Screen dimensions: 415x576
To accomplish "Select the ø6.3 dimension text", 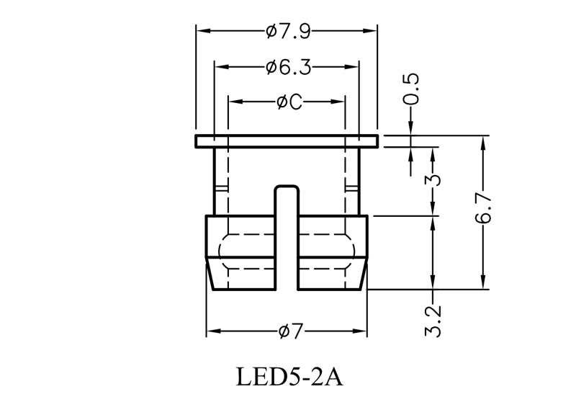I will pyautogui.click(x=287, y=67).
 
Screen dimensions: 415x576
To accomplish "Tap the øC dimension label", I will pyautogui.click(x=287, y=102).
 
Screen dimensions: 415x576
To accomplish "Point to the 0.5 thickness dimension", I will pyautogui.click(x=411, y=88).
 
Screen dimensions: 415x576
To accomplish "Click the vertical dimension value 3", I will pyautogui.click(x=433, y=179).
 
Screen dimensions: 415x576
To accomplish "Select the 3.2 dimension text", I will pyautogui.click(x=433, y=321).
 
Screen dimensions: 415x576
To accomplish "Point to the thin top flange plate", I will pyautogui.click(x=286, y=140).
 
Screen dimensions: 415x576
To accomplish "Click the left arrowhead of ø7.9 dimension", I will pyautogui.click(x=202, y=31).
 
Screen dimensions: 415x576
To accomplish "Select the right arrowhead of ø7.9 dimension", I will pyautogui.click(x=372, y=31).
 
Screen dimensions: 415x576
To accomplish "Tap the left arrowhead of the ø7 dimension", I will pyautogui.click(x=212, y=332).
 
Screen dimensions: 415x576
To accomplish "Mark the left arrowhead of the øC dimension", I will pyautogui.click(x=233, y=102).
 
